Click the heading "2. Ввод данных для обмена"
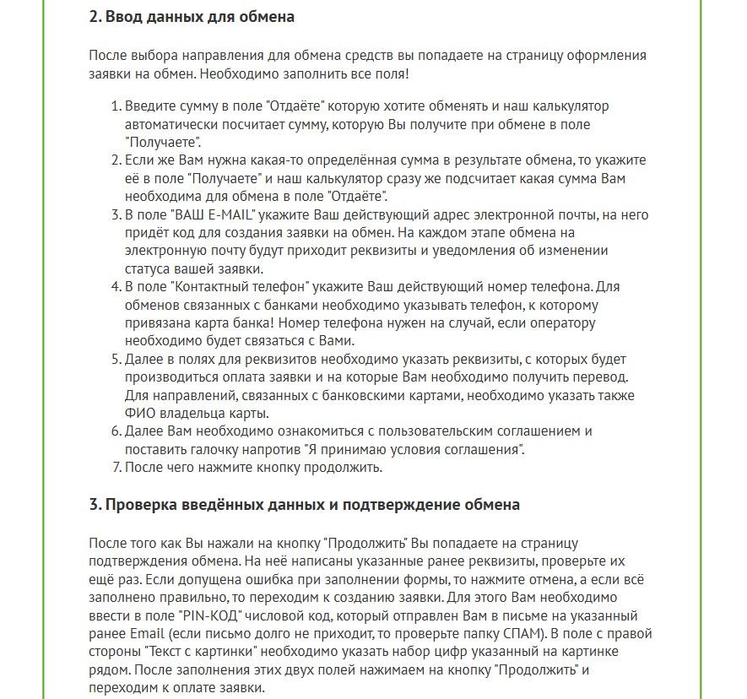(x=192, y=17)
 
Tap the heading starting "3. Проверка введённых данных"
(x=304, y=505)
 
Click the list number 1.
(x=116, y=106)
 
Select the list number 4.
(x=116, y=286)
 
